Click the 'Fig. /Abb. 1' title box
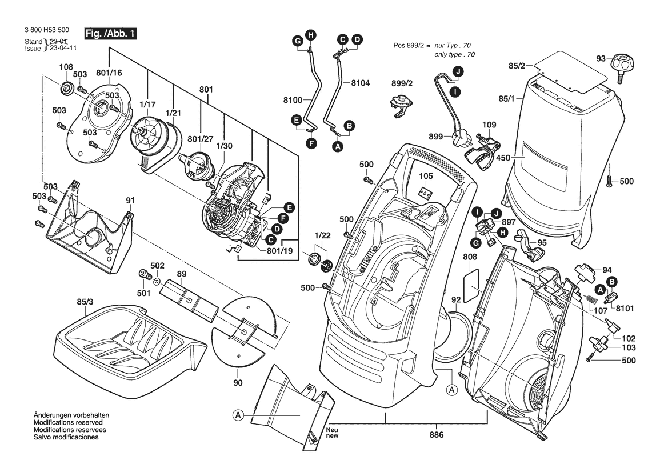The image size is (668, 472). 110,34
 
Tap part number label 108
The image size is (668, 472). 66,67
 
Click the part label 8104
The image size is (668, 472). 361,82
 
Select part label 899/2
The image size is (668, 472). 402,83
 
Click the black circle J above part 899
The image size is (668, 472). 458,71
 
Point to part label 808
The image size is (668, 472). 470,257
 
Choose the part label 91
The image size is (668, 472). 130,201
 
